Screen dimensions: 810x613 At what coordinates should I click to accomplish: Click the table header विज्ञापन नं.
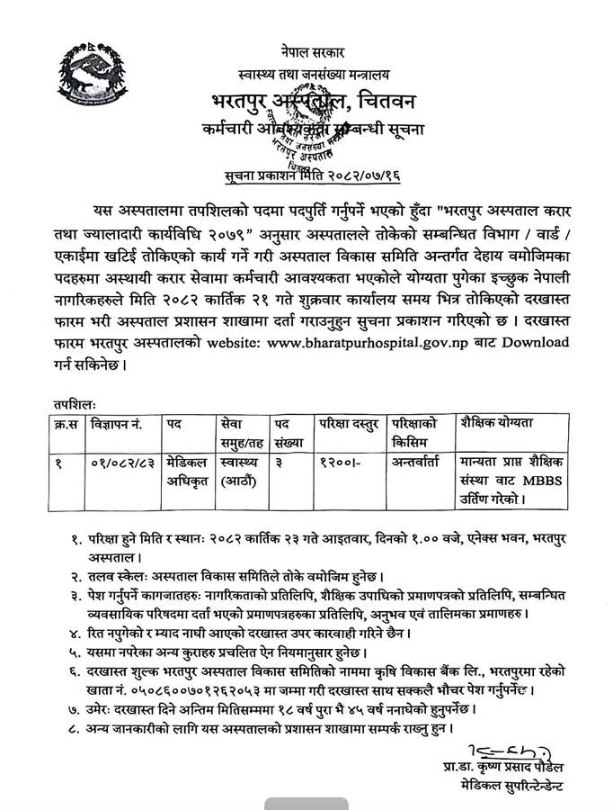(x=120, y=423)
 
